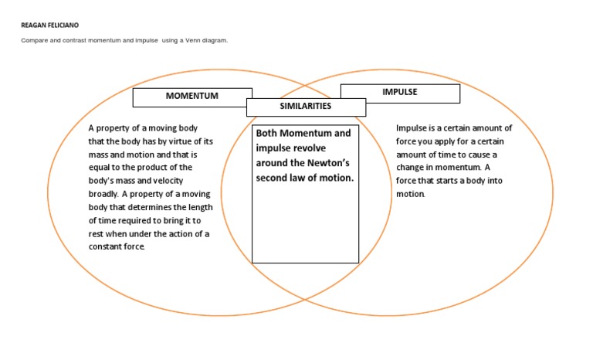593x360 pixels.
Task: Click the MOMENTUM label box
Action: [192, 97]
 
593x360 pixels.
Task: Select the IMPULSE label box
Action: [400, 93]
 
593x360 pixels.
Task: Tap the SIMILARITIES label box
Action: [306, 107]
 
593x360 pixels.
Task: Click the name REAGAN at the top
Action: [34, 25]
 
